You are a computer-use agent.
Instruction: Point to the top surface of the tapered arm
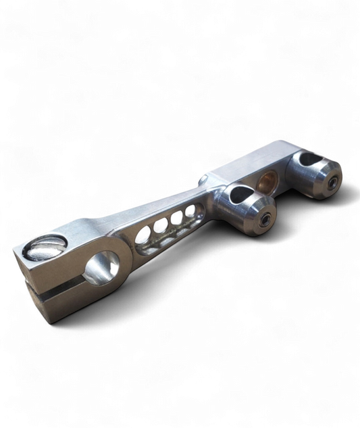[155, 207]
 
